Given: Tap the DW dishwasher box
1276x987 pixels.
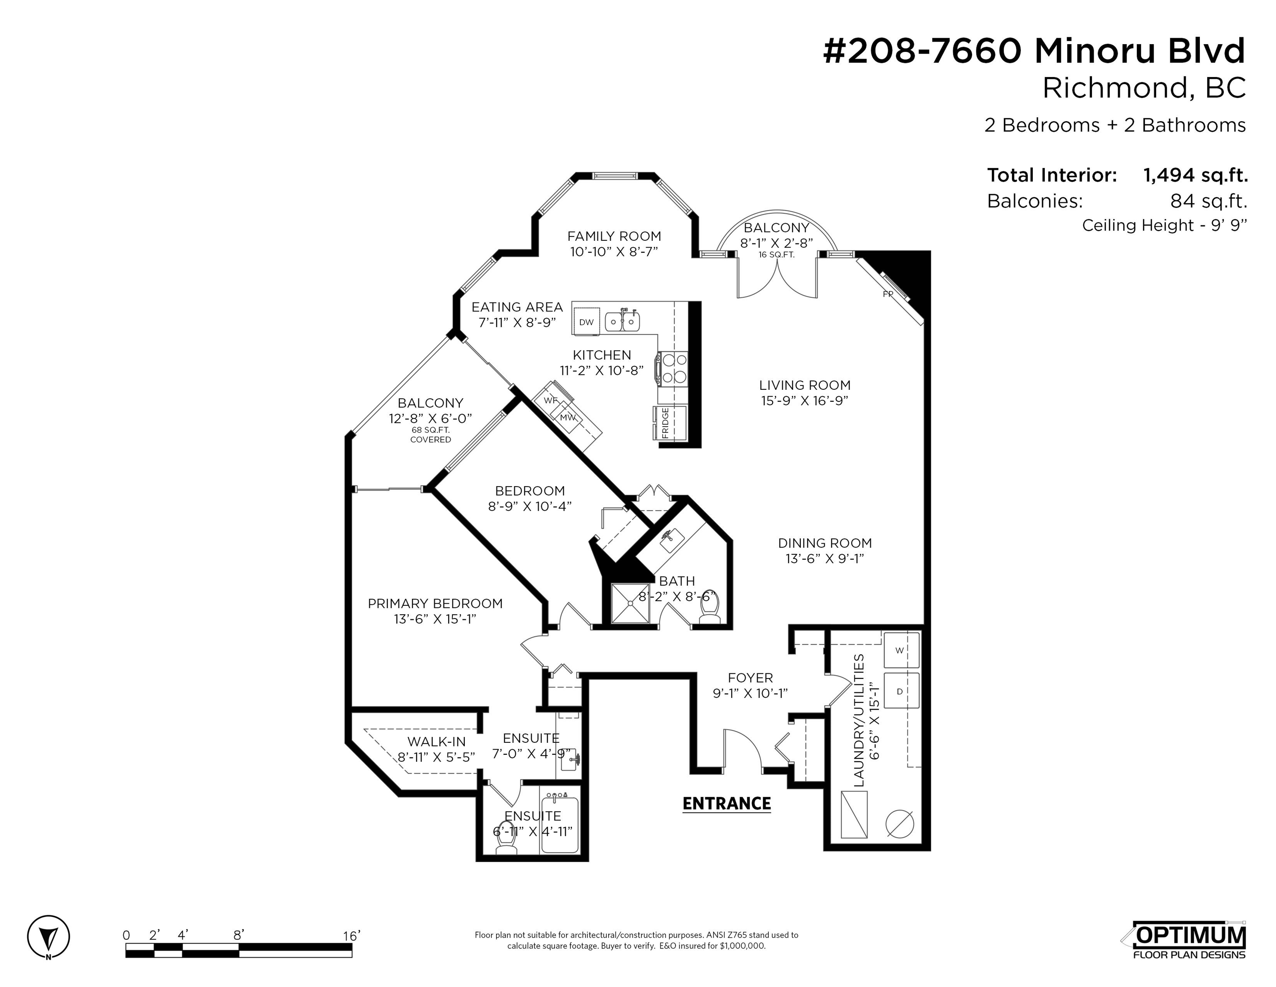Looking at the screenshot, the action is [x=586, y=322].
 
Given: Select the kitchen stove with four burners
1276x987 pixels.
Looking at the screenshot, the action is [x=672, y=369].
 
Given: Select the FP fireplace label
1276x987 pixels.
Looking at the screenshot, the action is [x=888, y=294].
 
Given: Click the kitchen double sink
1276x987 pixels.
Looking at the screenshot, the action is [x=622, y=321].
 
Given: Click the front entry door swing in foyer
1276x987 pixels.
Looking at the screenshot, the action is [x=743, y=751].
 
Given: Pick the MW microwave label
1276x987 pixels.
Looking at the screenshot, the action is [x=567, y=418].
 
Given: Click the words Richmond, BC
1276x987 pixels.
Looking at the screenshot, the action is [x=1144, y=88].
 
